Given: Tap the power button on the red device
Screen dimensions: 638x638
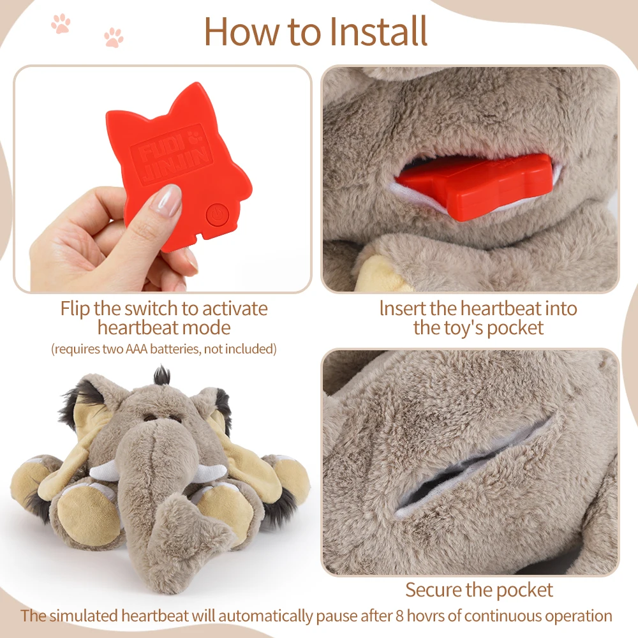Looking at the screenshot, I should (215, 214).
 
